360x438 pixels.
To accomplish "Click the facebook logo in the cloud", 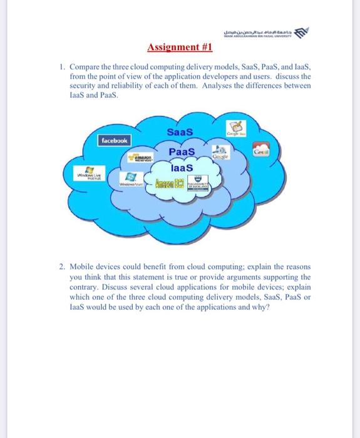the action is pos(115,142).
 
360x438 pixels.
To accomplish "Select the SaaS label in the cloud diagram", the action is pos(180,132).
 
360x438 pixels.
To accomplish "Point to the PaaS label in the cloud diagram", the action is pos(182,152).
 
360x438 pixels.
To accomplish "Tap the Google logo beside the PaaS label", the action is pos(218,155).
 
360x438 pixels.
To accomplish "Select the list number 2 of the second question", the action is pos(61,267).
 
